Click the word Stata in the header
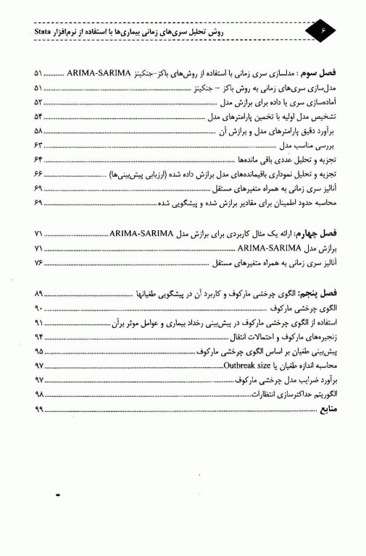click(x=49, y=33)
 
